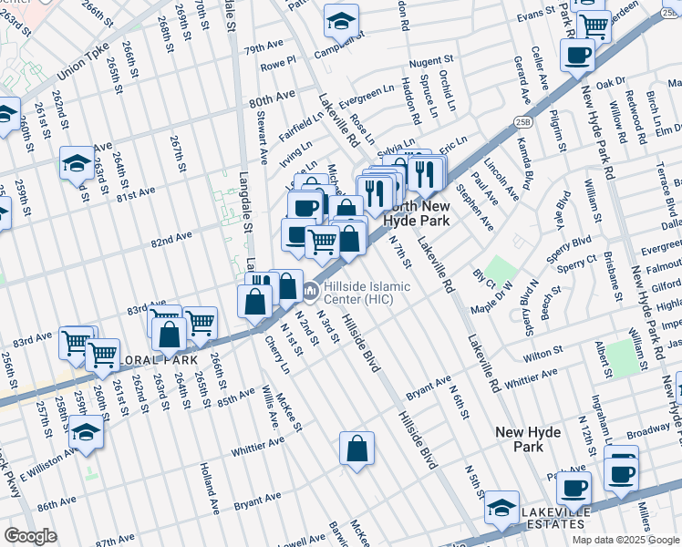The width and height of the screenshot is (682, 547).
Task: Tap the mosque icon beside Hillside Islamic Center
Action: (x=311, y=292)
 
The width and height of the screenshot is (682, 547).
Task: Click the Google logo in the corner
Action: (x=30, y=536)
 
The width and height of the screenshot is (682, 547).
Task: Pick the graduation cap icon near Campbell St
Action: (x=342, y=20)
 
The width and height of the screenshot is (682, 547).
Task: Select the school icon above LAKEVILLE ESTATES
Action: (x=501, y=508)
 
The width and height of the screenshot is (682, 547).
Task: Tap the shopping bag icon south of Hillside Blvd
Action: (x=356, y=449)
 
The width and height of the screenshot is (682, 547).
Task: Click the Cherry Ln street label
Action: (x=277, y=356)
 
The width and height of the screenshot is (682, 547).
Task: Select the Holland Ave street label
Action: (x=208, y=487)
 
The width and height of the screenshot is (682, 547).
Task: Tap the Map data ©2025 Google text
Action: (x=625, y=540)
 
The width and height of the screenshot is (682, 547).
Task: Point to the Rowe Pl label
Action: (x=278, y=66)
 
